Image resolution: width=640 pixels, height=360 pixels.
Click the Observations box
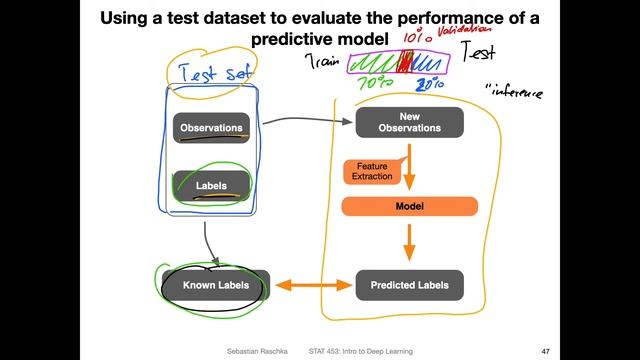211,128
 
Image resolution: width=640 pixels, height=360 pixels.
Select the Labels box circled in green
211,185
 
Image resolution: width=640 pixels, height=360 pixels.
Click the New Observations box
410,122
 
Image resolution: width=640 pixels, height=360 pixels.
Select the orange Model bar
410,207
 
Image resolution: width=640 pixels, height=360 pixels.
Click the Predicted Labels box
410,285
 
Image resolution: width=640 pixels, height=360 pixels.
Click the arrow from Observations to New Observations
300,121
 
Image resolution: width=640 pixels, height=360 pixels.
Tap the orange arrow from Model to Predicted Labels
408,243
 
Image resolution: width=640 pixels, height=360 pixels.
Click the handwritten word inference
514,93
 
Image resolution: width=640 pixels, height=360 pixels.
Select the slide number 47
545,351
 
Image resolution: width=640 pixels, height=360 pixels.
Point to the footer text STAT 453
327,351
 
